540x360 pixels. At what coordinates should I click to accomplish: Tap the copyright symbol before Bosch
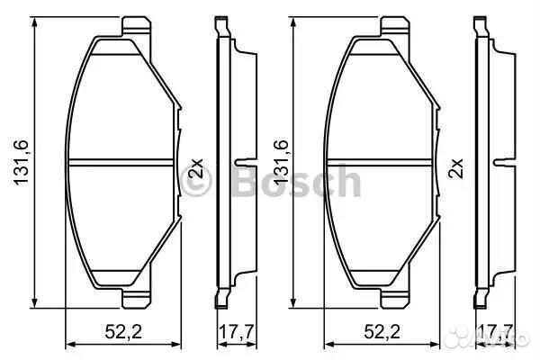[x=197, y=183]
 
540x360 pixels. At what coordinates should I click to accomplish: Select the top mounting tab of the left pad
[x=134, y=24]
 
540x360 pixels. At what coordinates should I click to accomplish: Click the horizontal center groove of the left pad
[x=121, y=162]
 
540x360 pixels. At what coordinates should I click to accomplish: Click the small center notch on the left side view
[x=238, y=163]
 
